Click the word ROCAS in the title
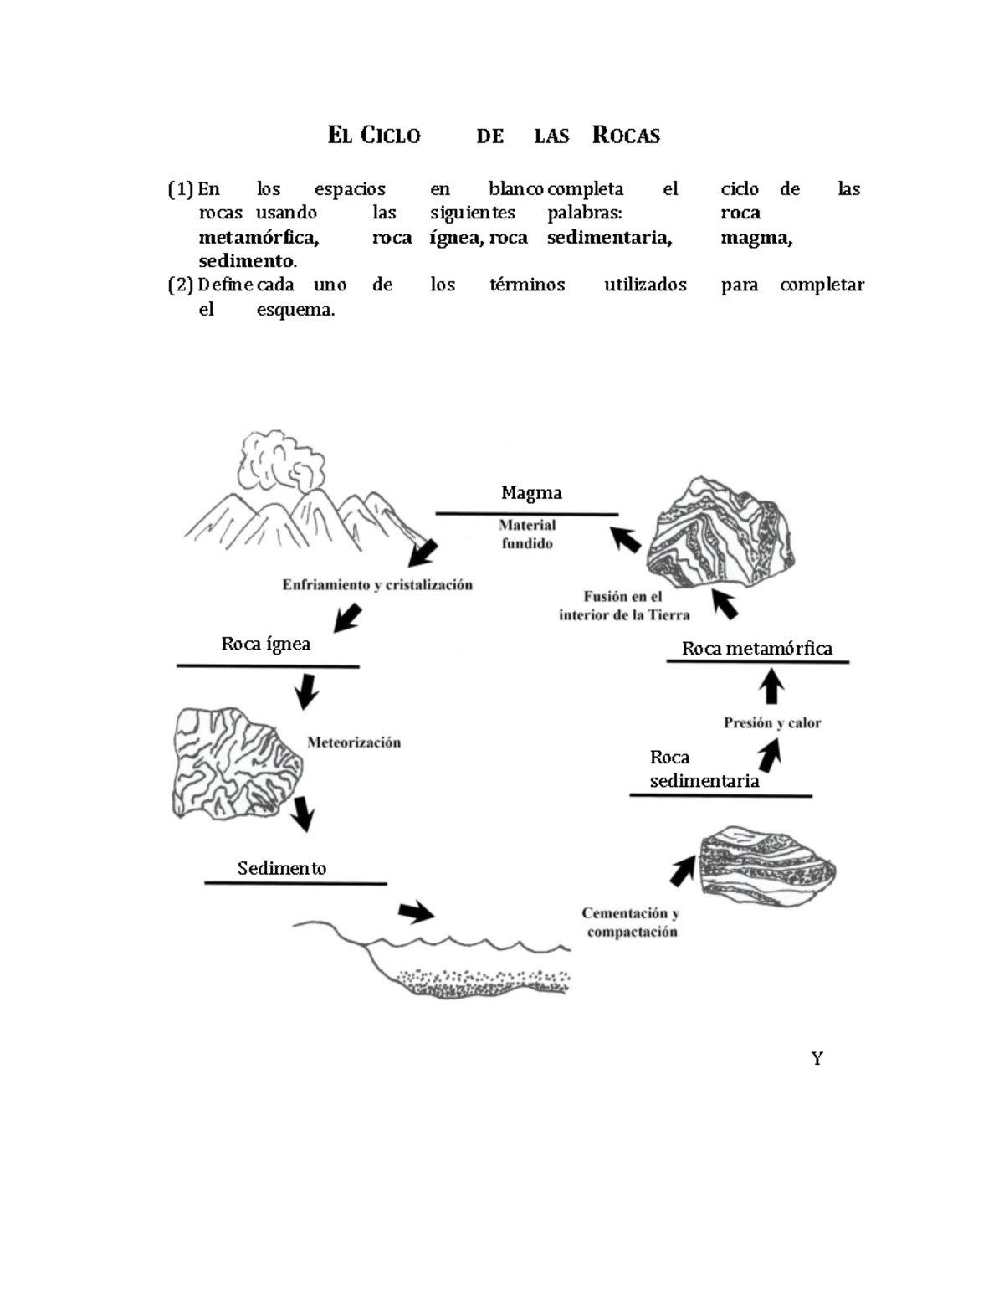(626, 136)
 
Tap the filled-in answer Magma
(531, 493)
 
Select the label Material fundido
(527, 534)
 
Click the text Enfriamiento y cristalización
(377, 585)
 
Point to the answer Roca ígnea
(265, 644)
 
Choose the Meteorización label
(354, 742)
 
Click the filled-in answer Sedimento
(282, 868)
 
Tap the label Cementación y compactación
(631, 922)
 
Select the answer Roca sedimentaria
(704, 769)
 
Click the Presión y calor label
(772, 723)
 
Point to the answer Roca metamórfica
(756, 649)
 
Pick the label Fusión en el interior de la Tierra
(624, 606)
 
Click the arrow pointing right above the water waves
(416, 912)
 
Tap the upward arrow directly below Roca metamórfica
(771, 688)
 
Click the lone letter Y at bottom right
(817, 1059)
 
